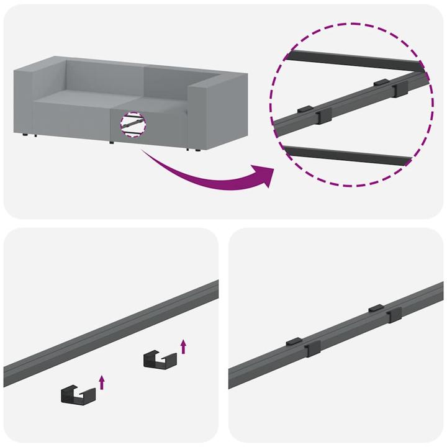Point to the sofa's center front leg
click(x=112, y=142)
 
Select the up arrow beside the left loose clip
click(x=102, y=382)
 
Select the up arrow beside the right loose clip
click(x=183, y=346)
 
